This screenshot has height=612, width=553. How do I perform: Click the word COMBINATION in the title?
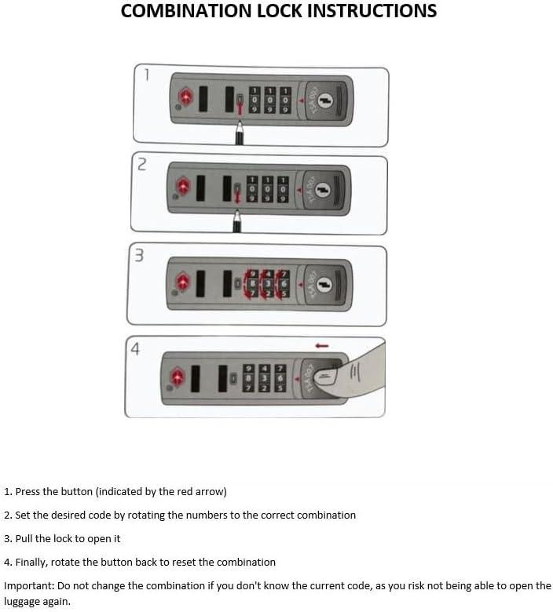tap(186, 10)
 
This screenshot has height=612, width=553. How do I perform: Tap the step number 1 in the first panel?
tap(147, 75)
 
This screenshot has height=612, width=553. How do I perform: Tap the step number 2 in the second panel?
tap(142, 164)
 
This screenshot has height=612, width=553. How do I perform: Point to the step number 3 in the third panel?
tap(139, 255)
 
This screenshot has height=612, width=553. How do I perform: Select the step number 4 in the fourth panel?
tap(135, 349)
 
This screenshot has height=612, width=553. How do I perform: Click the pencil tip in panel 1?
tap(239, 123)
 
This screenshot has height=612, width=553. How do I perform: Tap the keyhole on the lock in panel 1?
tap(324, 101)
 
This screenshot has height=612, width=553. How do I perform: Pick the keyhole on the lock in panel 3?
tap(323, 285)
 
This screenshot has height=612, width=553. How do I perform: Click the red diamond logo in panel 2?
tap(182, 186)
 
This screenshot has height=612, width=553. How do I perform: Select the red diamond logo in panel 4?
tap(177, 377)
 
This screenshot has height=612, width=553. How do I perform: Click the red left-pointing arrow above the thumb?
tap(321, 346)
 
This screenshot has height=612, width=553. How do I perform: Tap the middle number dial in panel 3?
tap(268, 283)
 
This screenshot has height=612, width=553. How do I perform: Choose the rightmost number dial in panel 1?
tap(285, 100)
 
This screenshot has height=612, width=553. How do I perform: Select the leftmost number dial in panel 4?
tap(248, 378)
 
